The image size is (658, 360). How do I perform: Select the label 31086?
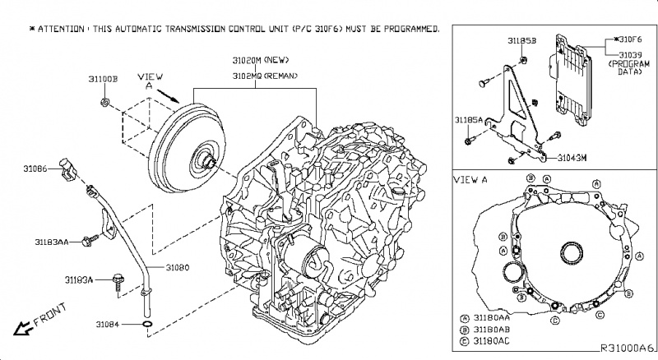(x=38, y=168)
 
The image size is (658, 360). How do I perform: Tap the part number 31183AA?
(x=51, y=242)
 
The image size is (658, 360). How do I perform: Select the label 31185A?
(x=468, y=120)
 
